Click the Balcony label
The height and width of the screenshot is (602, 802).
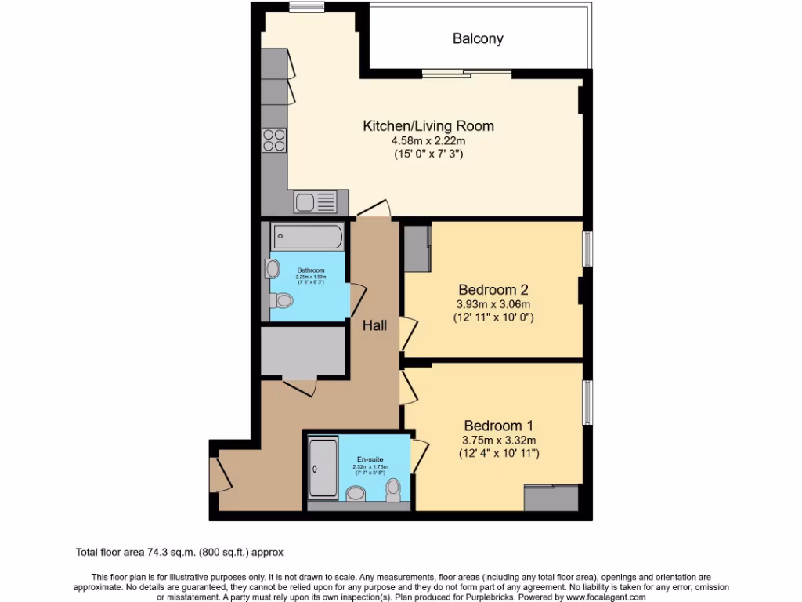(x=478, y=38)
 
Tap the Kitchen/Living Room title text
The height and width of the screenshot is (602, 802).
(x=428, y=125)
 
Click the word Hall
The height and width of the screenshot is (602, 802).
(x=374, y=325)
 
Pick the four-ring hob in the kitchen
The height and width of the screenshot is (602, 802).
(x=274, y=140)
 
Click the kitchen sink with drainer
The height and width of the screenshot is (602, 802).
(x=315, y=201)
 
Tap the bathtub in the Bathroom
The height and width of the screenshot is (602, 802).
(x=307, y=236)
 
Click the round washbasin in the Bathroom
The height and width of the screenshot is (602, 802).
(x=273, y=269)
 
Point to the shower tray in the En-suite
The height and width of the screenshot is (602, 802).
(x=323, y=468)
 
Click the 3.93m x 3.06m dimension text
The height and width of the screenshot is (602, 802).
(x=494, y=304)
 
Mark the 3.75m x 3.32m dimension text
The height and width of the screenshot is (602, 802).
(x=498, y=440)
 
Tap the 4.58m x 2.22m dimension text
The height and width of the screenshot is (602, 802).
(x=428, y=140)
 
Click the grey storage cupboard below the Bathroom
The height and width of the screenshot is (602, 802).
(x=304, y=351)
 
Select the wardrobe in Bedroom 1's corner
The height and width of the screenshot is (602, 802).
(x=551, y=498)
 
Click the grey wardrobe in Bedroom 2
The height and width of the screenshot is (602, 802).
(x=416, y=248)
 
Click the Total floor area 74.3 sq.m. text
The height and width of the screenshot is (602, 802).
(x=183, y=552)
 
